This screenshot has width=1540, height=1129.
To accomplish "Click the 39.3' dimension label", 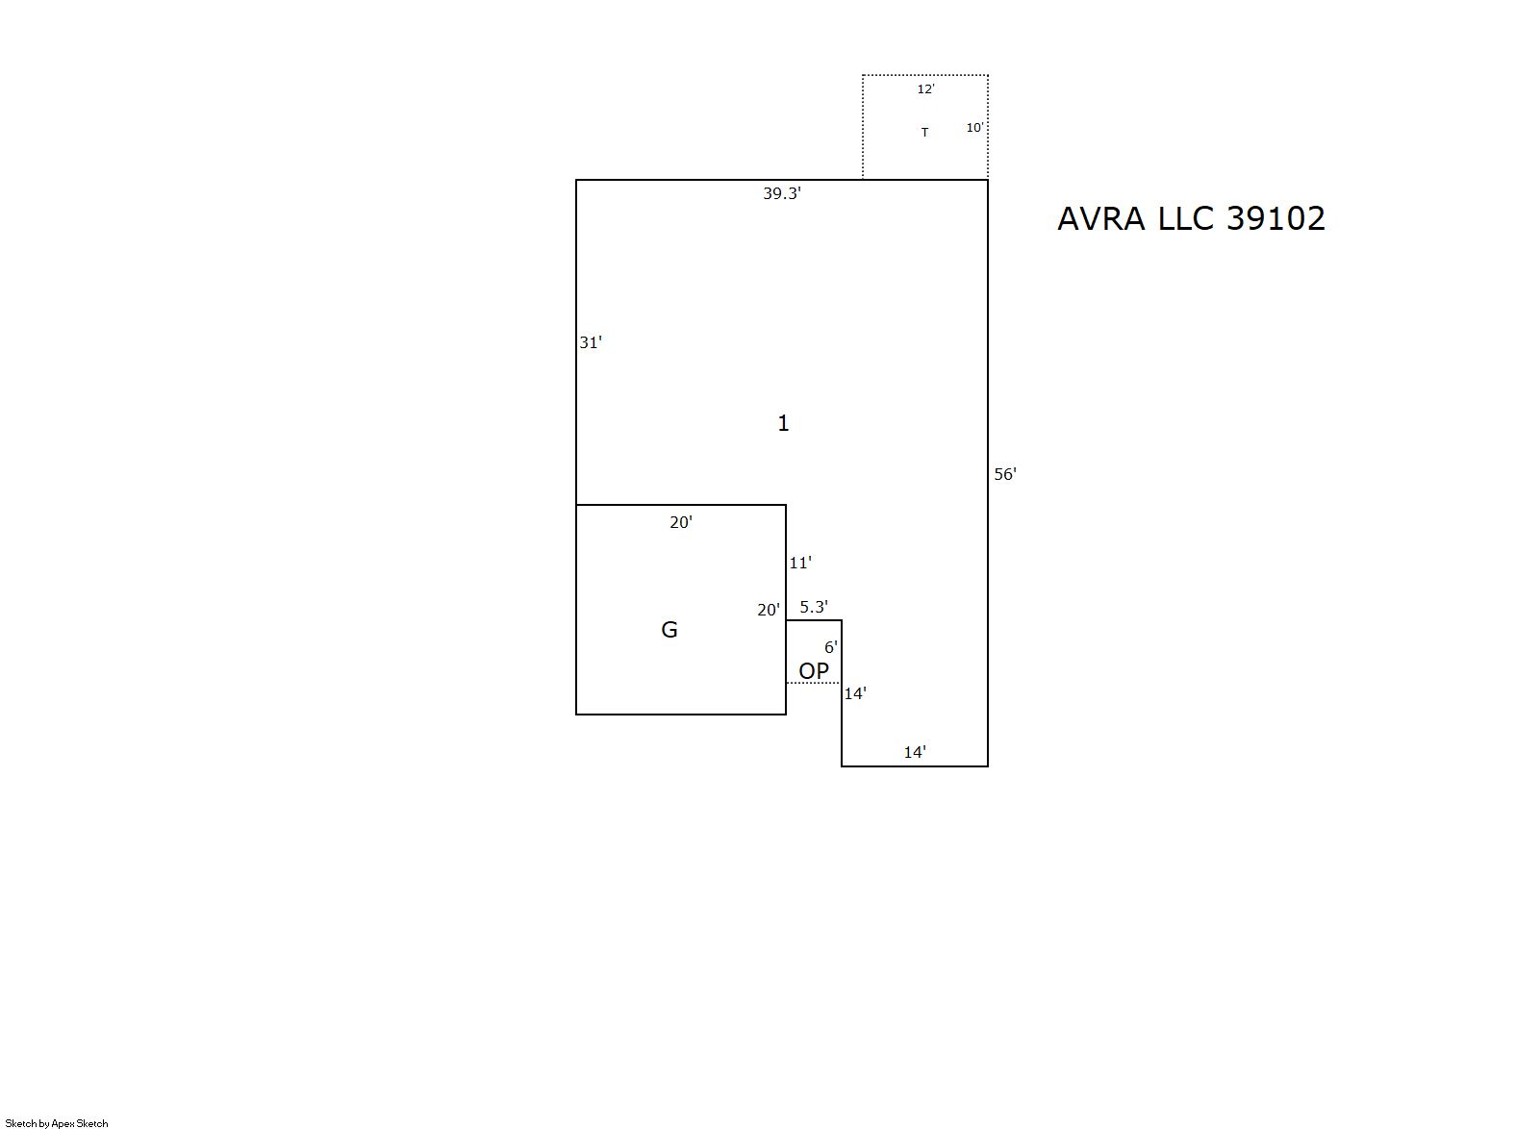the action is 782,194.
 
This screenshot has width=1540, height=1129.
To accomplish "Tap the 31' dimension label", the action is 591,342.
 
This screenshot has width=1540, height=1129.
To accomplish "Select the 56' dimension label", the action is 1005,474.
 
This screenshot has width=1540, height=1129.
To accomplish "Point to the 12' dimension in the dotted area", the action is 926,88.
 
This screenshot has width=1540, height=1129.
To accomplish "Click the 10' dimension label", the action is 974,127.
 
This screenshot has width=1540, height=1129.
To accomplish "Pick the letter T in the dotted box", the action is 924,132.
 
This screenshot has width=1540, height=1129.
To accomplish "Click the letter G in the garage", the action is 669,630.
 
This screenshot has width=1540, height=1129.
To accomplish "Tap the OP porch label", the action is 814,670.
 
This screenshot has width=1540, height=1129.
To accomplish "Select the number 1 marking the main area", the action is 783,423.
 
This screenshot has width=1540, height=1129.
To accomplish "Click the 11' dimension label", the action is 800,563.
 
